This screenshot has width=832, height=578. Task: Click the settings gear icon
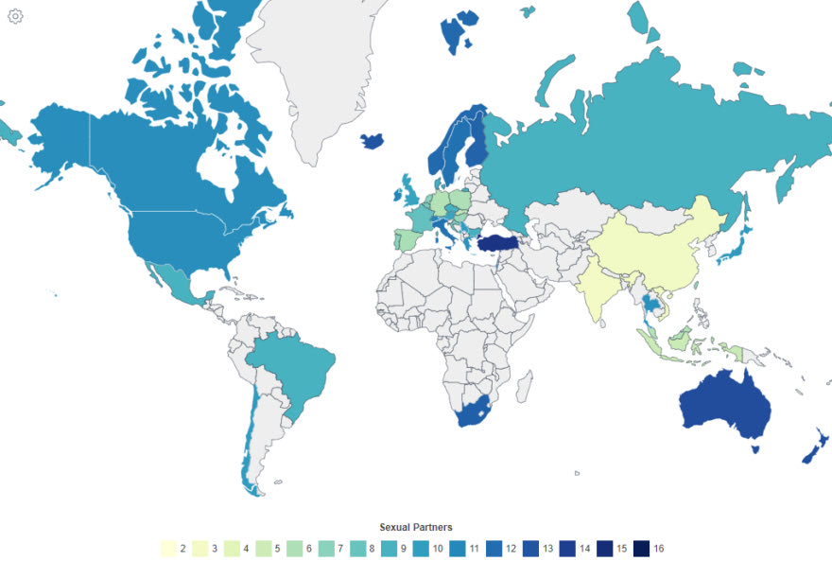click(15, 16)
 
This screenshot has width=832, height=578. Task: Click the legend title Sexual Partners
click(416, 527)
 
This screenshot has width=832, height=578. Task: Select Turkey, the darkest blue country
click(500, 243)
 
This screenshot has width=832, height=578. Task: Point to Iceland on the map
click(373, 141)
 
